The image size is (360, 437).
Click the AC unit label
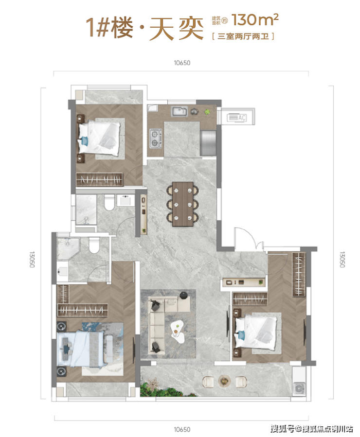(x=242, y=118)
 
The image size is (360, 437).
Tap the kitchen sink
(x=179, y=111)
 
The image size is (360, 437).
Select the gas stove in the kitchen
(x=155, y=138)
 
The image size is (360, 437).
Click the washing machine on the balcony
(x=299, y=388)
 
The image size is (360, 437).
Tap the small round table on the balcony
(x=224, y=381)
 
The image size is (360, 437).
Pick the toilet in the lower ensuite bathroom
(x=94, y=245)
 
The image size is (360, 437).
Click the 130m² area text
(x=255, y=19)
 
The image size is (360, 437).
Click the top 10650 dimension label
(x=182, y=63)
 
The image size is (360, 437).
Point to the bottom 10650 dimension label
(x=182, y=430)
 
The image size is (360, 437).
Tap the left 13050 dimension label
(x=32, y=260)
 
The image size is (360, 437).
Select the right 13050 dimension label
(x=342, y=260)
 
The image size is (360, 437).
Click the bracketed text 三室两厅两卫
(x=243, y=36)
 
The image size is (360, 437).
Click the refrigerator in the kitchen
(x=208, y=143)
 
